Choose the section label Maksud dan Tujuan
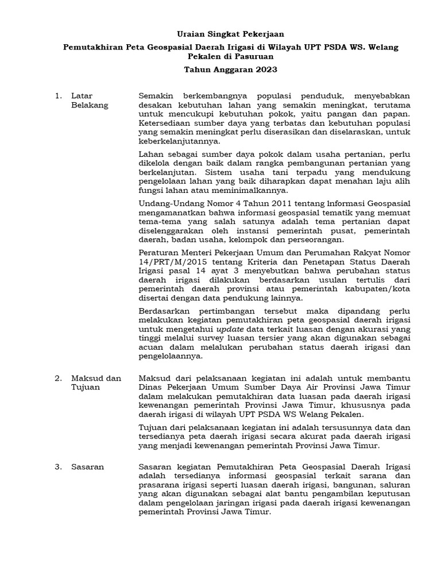click(x=96, y=383)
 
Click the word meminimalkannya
click(x=250, y=191)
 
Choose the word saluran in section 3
click(x=396, y=485)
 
